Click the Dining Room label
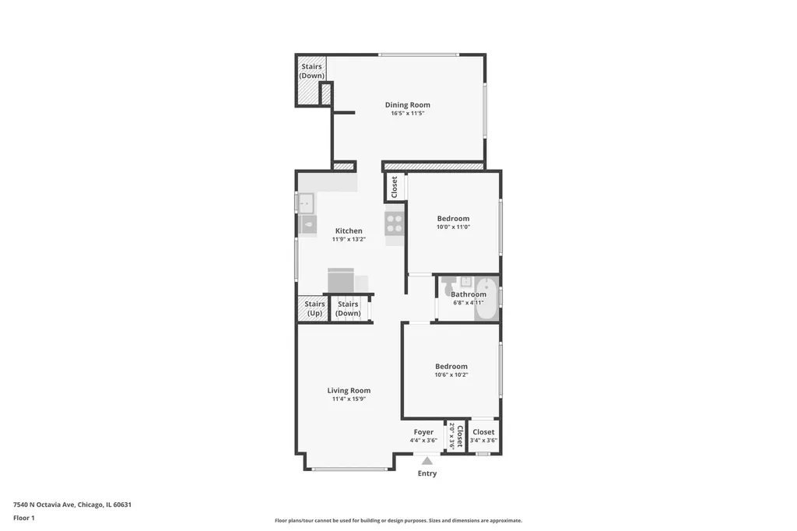pyautogui.click(x=407, y=105)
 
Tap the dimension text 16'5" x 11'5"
pyautogui.click(x=407, y=114)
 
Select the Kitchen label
pyautogui.click(x=349, y=231)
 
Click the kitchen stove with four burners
pyautogui.click(x=394, y=223)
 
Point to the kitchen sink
pyautogui.click(x=306, y=203)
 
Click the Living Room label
pyautogui.click(x=349, y=391)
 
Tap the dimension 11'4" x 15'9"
pyautogui.click(x=349, y=399)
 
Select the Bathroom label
pyautogui.click(x=468, y=294)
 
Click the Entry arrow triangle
pyautogui.click(x=427, y=461)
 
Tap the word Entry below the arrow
pyautogui.click(x=427, y=473)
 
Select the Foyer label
pyautogui.click(x=423, y=432)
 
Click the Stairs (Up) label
pyautogui.click(x=314, y=309)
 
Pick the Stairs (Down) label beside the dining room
pyautogui.click(x=311, y=71)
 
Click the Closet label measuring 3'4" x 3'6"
pyautogui.click(x=483, y=432)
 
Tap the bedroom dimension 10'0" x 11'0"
pyautogui.click(x=454, y=227)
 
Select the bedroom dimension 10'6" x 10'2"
pyautogui.click(x=451, y=375)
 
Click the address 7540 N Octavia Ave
pyautogui.click(x=44, y=505)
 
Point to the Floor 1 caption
pyautogui.click(x=24, y=519)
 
